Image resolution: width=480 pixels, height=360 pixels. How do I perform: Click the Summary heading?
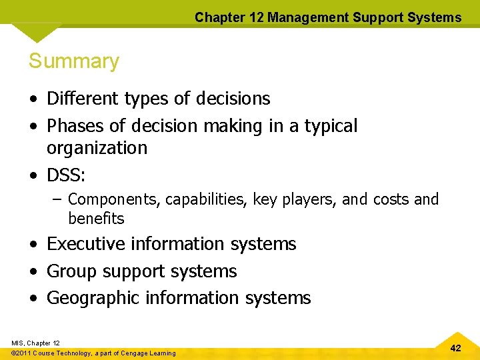tap(74, 61)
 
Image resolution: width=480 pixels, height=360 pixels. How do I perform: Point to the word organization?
tap(97, 147)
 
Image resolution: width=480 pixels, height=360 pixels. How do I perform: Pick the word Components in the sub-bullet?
tap(114, 199)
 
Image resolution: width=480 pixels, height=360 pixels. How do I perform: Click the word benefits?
tap(96, 218)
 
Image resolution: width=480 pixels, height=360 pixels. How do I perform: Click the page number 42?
tap(455, 348)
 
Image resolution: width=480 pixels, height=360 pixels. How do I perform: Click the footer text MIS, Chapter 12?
tap(35, 343)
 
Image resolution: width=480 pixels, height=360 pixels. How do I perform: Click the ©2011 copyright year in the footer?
tap(23, 353)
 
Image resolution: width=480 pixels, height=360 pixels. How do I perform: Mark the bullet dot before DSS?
tap(33, 175)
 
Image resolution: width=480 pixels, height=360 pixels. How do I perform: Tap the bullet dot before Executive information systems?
tap(33, 245)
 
